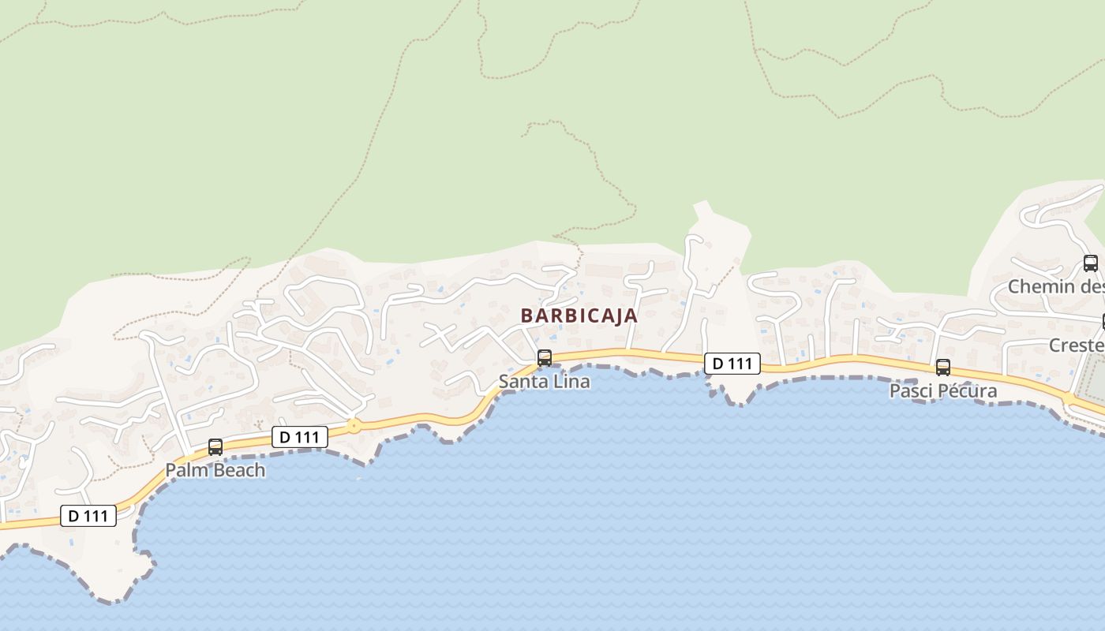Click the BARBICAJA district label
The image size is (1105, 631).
click(579, 315)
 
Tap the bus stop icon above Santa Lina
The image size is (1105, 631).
click(544, 358)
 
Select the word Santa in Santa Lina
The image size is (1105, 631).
click(517, 382)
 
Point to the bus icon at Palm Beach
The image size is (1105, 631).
click(215, 447)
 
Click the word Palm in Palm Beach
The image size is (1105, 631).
click(182, 471)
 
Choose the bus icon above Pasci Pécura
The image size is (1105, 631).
click(942, 367)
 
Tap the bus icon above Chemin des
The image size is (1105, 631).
click(1090, 263)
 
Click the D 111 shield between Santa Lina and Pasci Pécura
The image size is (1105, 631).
click(732, 364)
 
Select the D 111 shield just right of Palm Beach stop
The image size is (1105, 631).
click(300, 437)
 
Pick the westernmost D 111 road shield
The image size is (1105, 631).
click(88, 517)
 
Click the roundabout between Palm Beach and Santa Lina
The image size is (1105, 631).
click(354, 426)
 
